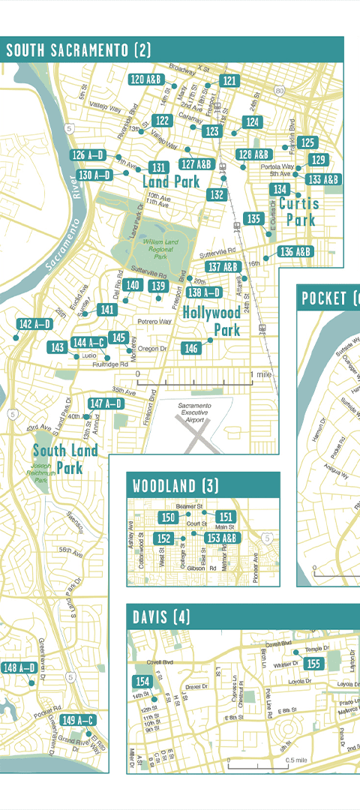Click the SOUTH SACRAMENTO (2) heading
click(79, 51)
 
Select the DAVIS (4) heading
click(161, 617)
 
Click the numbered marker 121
click(229, 81)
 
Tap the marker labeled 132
click(217, 194)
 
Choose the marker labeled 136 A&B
click(295, 252)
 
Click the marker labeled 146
click(191, 348)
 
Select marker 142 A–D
click(34, 324)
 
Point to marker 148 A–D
click(19, 667)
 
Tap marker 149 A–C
click(78, 721)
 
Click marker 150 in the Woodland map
click(169, 517)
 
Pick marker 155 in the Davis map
click(314, 664)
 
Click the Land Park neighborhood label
click(171, 181)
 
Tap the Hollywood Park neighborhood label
click(211, 321)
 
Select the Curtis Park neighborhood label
click(299, 211)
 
